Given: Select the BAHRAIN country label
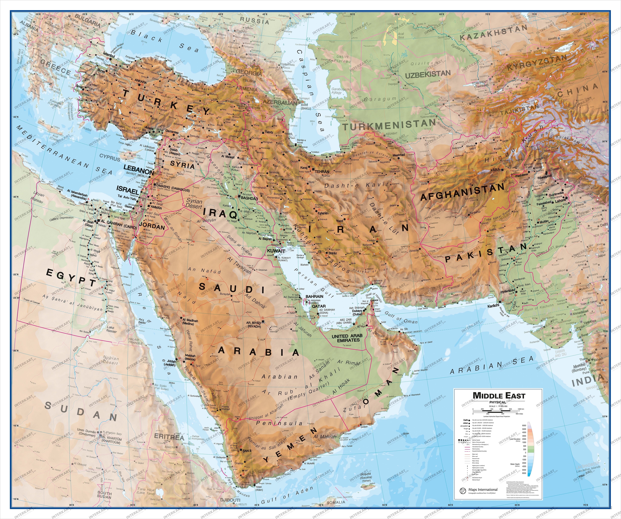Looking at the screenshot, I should coord(314,296).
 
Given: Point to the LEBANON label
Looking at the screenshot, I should coord(138,171).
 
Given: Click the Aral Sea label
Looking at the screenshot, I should coord(401,36).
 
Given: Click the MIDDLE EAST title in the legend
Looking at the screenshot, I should coord(499,396).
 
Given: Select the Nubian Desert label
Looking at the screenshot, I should coord(111,360).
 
